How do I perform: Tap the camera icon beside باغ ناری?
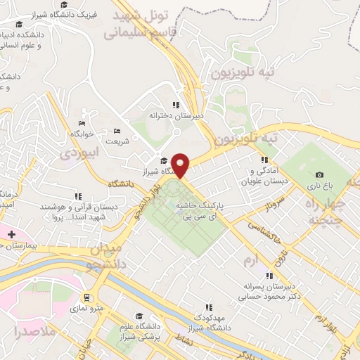(319, 175)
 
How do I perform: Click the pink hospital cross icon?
(11, 233)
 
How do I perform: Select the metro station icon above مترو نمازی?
(86, 298)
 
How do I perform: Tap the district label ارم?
(250, 262)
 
